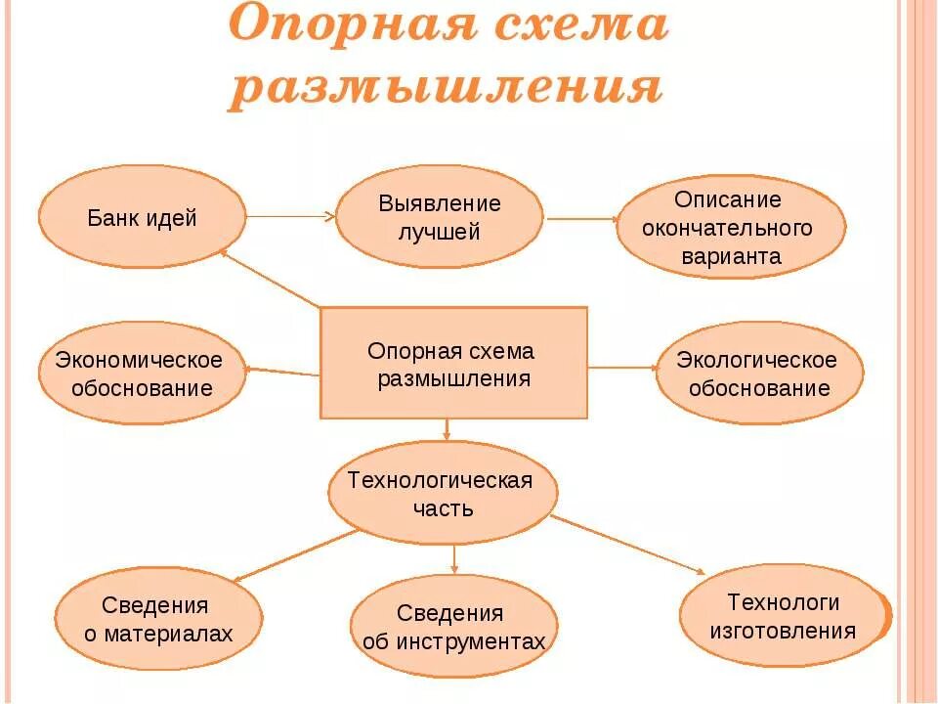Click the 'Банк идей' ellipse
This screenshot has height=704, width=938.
[x=143, y=216]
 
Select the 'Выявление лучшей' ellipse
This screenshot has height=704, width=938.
[x=440, y=216]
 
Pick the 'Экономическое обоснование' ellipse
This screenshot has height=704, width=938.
[x=140, y=373]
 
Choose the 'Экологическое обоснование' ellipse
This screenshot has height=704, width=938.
[x=759, y=373]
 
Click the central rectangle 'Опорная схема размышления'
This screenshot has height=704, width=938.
[x=453, y=363]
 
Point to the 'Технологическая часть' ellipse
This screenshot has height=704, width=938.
[x=442, y=492]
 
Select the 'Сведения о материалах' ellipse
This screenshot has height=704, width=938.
[x=158, y=619]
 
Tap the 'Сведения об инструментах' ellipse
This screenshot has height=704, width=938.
[x=453, y=627]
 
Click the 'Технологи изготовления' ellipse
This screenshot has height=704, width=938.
[x=785, y=616]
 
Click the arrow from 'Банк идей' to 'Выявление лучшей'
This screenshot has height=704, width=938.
[x=290, y=216]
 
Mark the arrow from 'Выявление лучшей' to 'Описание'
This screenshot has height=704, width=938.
[x=580, y=219]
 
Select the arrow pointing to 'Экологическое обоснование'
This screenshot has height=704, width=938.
[x=622, y=368]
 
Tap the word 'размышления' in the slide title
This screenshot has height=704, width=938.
[x=447, y=88]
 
